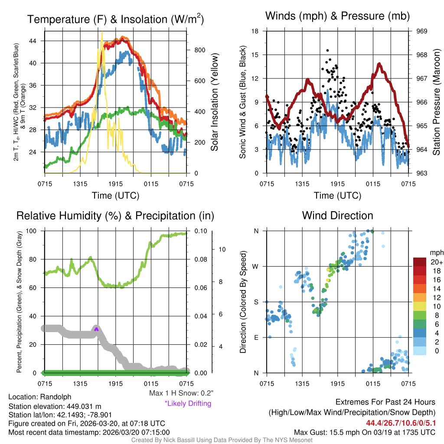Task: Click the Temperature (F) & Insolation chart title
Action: (115, 20)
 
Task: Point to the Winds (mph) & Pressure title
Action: (337, 16)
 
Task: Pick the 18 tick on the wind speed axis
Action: (255, 31)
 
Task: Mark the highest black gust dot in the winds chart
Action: (328, 50)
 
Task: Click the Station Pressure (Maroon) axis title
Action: (437, 102)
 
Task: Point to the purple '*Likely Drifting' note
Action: (188, 404)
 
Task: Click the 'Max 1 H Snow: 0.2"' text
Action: (181, 393)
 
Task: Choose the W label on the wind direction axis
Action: (256, 267)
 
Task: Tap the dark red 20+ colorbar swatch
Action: (420, 262)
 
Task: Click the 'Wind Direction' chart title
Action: (337, 215)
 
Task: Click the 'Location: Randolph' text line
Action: (39, 397)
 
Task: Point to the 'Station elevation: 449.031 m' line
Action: (55, 406)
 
